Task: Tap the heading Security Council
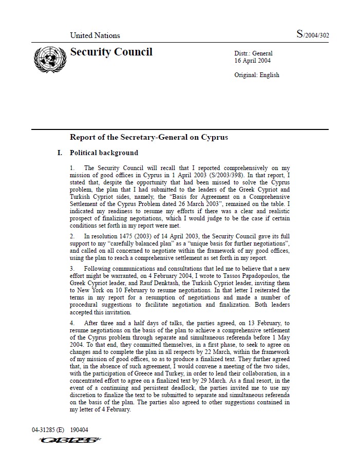tap(111, 52)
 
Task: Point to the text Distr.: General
tap(253, 53)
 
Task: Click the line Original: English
tap(257, 75)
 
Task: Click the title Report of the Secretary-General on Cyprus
tap(149, 137)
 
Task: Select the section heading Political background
tap(104, 153)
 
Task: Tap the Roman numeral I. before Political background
tap(60, 153)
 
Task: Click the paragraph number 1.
tap(72, 168)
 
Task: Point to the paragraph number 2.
tap(72, 236)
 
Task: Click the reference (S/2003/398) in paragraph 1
tap(201, 175)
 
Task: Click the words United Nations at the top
tap(95, 35)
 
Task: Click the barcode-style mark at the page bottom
tap(64, 440)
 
